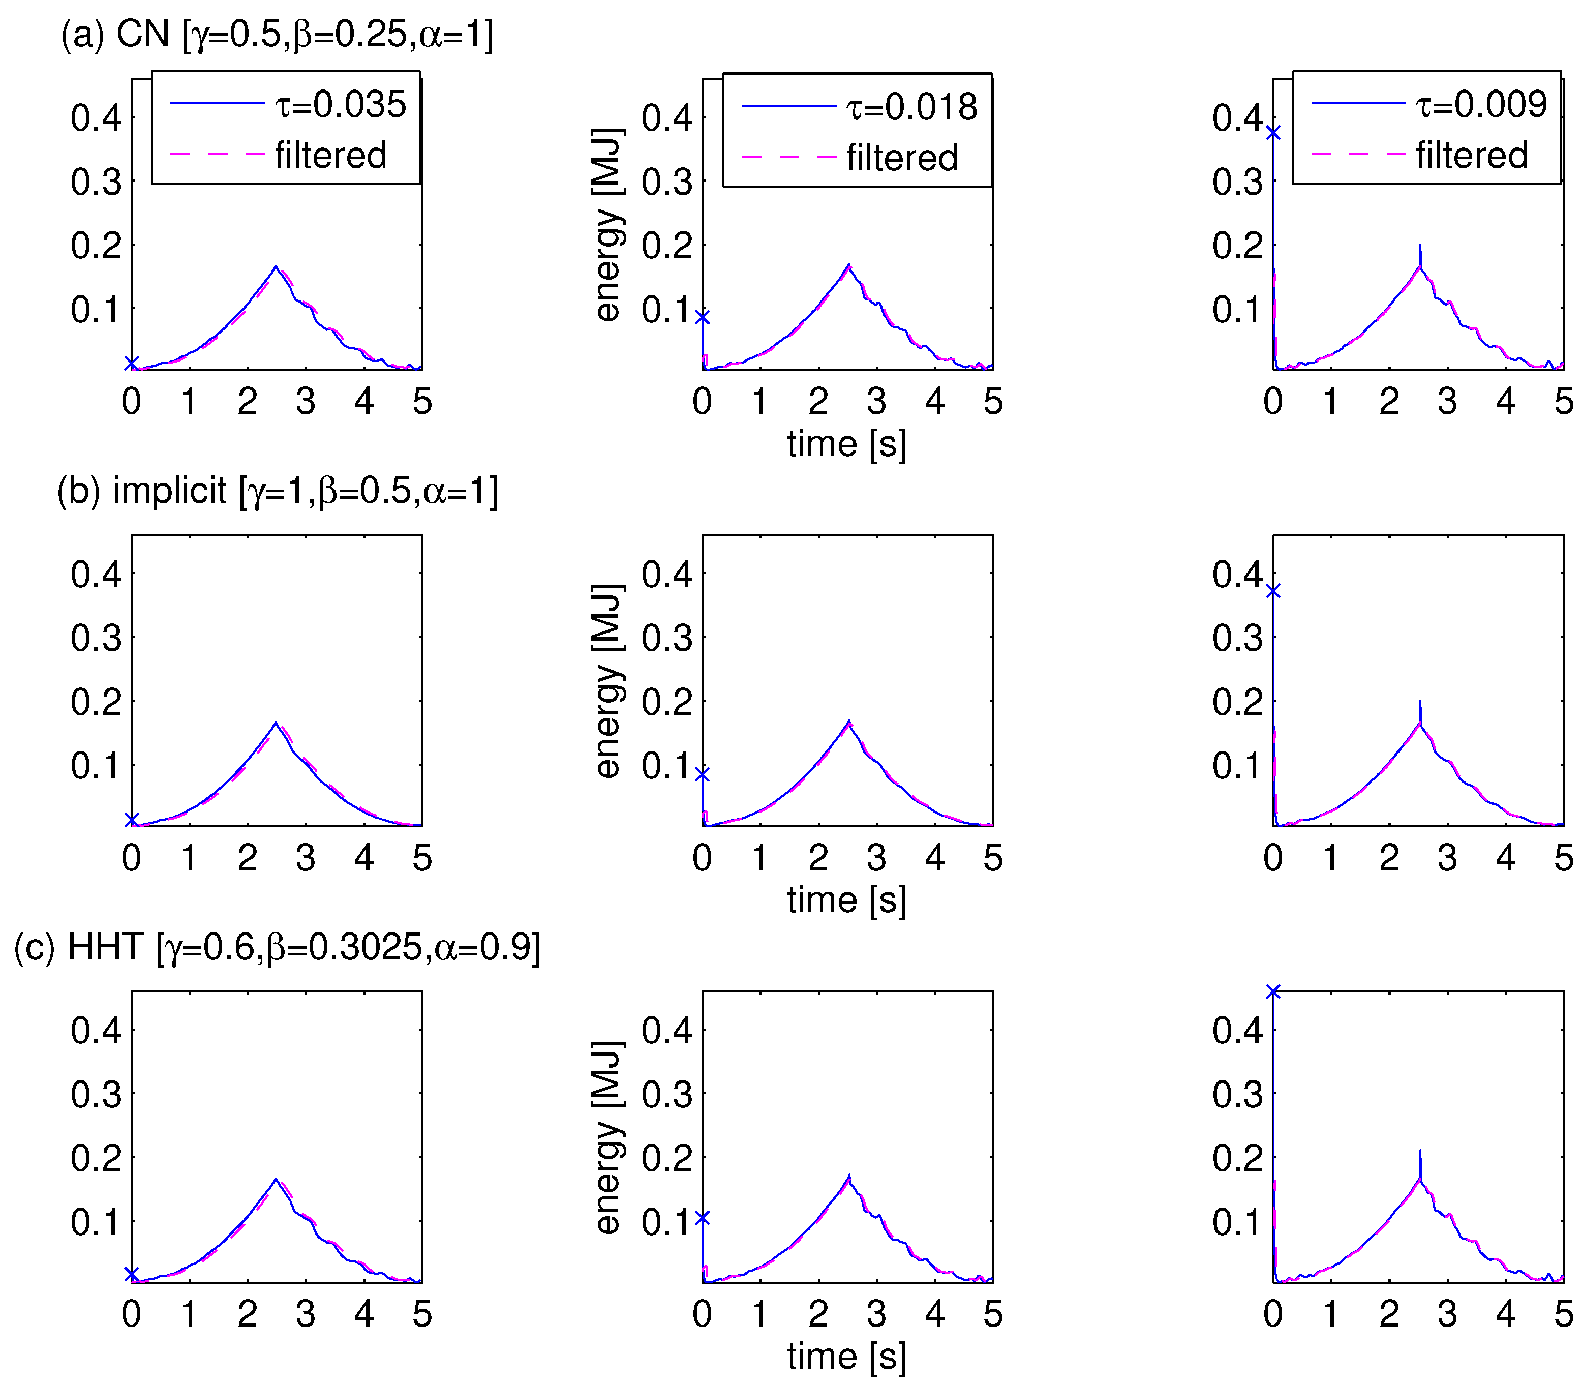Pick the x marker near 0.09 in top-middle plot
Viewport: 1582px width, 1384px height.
(702, 317)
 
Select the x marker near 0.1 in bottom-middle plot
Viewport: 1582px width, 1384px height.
(702, 1218)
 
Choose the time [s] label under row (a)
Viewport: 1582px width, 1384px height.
(847, 444)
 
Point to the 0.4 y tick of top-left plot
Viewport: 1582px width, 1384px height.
(96, 118)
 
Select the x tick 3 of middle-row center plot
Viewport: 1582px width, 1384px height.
(876, 857)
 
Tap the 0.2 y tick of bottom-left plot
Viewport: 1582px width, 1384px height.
(96, 1158)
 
